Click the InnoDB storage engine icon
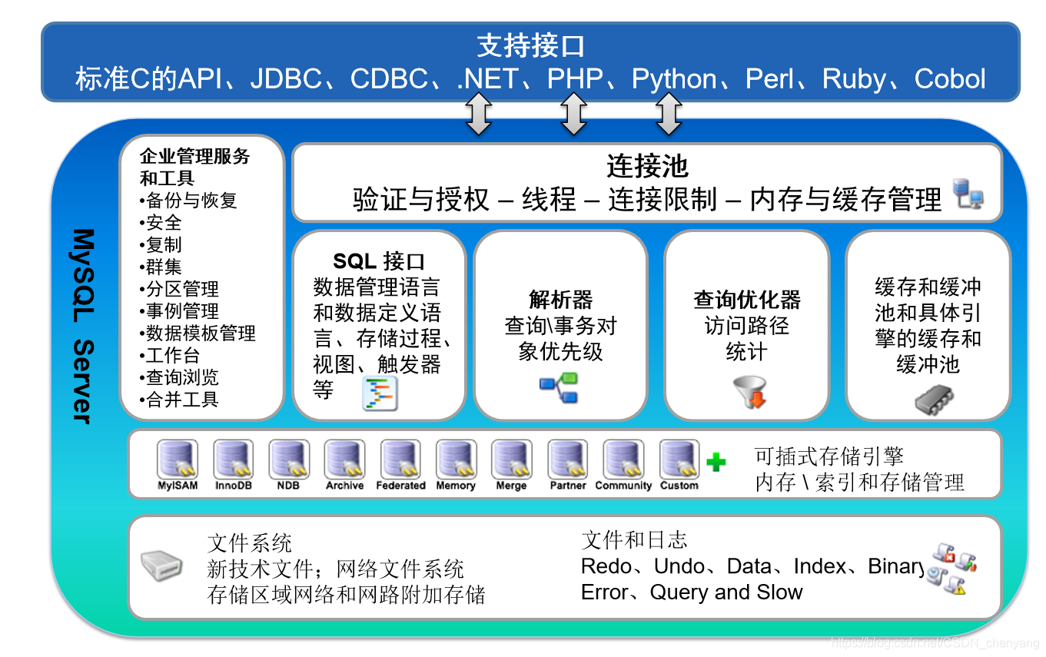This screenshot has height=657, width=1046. [234, 460]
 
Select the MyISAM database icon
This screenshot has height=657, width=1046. [178, 460]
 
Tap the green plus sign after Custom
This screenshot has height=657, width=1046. [716, 462]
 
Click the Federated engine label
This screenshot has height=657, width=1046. [400, 486]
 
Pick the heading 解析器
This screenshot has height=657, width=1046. [561, 300]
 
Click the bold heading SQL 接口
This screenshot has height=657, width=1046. [379, 261]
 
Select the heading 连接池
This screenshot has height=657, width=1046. [647, 166]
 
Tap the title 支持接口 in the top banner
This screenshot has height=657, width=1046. [530, 46]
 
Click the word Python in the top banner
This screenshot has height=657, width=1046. [674, 79]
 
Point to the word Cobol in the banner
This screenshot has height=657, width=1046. [950, 79]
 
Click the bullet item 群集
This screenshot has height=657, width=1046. [164, 267]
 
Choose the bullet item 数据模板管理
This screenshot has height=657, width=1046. [201, 333]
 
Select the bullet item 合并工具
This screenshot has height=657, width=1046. [182, 400]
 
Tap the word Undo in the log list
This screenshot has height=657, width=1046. [679, 566]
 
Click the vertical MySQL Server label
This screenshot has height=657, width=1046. [83, 326]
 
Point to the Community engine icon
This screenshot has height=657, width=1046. [623, 460]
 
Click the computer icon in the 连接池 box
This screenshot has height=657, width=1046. [968, 195]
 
